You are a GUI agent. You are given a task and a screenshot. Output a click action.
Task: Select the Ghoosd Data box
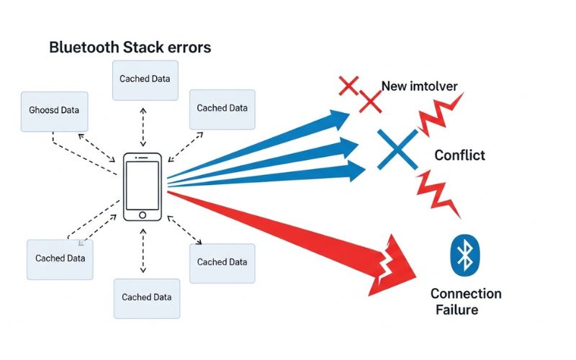coord(55,112)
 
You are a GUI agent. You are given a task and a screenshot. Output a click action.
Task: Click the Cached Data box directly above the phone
coord(145,79)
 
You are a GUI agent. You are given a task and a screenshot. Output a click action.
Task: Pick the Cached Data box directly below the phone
coord(146,297)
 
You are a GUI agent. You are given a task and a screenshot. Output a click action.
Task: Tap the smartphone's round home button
coord(143,215)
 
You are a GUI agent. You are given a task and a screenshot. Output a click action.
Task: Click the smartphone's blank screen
coord(143,184)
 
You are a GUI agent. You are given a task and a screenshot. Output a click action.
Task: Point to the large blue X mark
coord(397,148)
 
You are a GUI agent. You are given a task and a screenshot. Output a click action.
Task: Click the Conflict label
coord(459,156)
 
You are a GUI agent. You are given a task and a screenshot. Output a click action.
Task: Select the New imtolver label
coord(419,86)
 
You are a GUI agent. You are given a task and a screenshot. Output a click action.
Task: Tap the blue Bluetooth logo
coord(465,254)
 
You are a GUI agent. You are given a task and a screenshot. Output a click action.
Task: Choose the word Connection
coord(465,294)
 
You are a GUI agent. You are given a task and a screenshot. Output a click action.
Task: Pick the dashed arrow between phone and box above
coord(143,127)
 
